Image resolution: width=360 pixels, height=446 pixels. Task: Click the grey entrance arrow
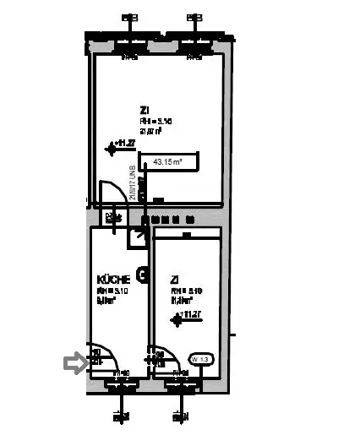pos(76,364)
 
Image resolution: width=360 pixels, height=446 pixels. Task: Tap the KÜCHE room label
pos(113,280)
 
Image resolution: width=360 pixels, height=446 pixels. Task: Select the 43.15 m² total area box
pos(172,161)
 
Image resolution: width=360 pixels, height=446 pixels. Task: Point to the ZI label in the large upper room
pos(145,110)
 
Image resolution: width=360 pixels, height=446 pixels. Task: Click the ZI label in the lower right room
pos(174,279)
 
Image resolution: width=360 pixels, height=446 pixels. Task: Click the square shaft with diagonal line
pos(137,237)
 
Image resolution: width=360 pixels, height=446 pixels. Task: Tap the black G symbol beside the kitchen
pos(144,275)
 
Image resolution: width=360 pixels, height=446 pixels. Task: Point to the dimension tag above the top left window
pos(129,17)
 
